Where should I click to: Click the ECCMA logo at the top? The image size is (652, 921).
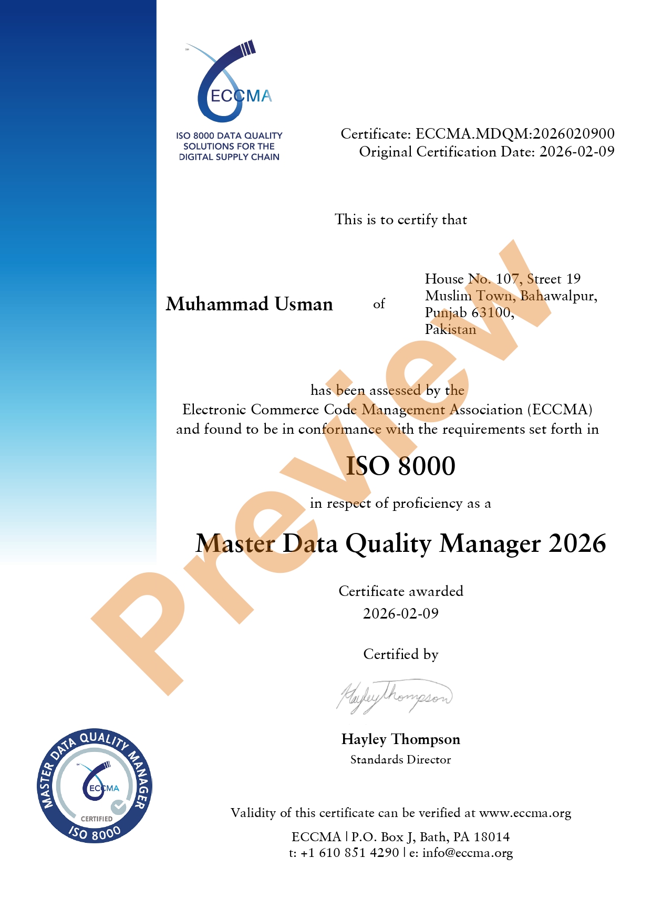point(230,84)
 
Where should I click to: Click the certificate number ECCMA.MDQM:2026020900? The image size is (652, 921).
point(515,134)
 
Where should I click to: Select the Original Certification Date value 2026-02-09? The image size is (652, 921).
point(577,152)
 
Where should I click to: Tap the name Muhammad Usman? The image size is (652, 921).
point(250,304)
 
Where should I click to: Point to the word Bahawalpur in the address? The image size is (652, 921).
point(558,296)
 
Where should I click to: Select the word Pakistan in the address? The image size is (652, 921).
point(450,330)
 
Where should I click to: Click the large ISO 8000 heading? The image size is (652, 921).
point(400,466)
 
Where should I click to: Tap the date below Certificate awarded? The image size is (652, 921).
point(400,613)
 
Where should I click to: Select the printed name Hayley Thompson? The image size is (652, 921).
point(400,739)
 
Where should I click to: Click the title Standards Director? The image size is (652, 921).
point(400,759)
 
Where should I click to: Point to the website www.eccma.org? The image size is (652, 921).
point(525,813)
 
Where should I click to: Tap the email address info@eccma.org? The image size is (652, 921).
point(468,853)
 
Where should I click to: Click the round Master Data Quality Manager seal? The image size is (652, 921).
point(95,786)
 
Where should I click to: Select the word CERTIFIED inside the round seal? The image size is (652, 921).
point(97,819)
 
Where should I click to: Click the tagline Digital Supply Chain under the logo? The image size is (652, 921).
point(229,157)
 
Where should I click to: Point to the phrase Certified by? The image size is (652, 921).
point(400,654)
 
